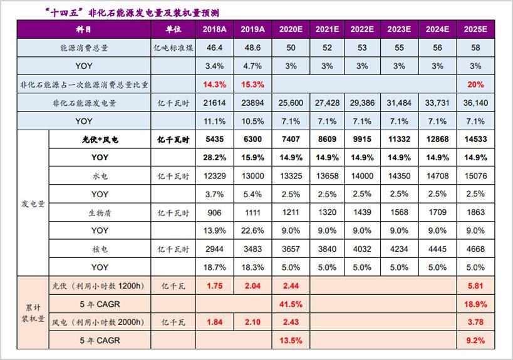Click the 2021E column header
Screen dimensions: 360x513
pyautogui.click(x=328, y=29)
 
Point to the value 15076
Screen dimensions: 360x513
pyautogui.click(x=475, y=176)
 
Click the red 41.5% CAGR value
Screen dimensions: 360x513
pyautogui.click(x=290, y=304)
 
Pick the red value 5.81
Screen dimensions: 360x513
pyautogui.click(x=475, y=286)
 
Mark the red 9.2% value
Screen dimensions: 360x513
pyautogui.click(x=475, y=341)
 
